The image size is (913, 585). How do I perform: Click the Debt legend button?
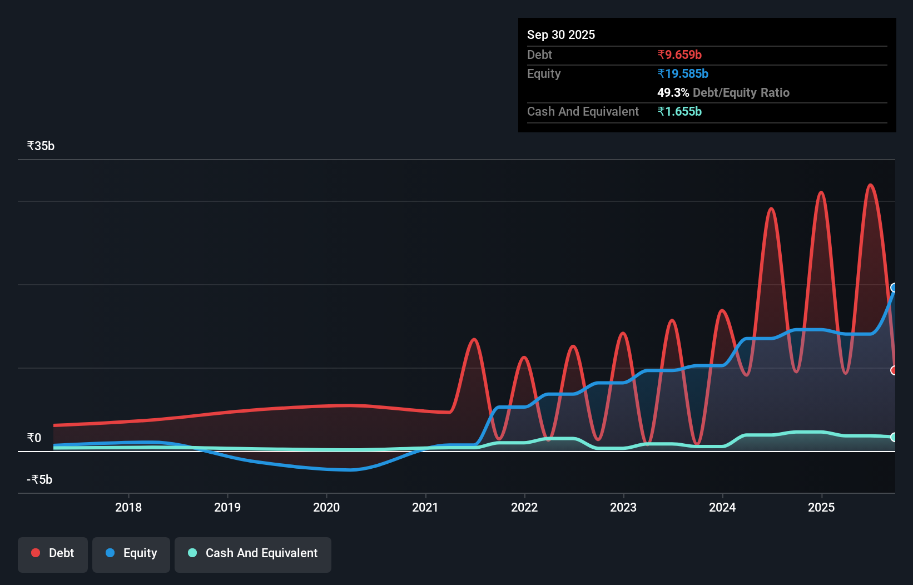pyautogui.click(x=53, y=553)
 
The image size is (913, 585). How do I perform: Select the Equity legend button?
pyautogui.click(x=131, y=553)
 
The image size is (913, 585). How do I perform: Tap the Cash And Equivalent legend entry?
pyautogui.click(x=253, y=553)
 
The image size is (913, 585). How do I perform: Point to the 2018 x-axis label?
pyautogui.click(x=128, y=507)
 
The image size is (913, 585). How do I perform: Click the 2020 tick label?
pyautogui.click(x=326, y=507)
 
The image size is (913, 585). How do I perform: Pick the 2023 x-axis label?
pyautogui.click(x=623, y=507)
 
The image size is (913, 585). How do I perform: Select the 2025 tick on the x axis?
pyautogui.click(x=821, y=507)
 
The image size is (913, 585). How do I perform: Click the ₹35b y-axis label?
pyautogui.click(x=41, y=146)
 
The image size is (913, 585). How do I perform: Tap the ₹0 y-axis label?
pyautogui.click(x=34, y=438)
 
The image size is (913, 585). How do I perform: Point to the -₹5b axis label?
pyautogui.click(x=39, y=479)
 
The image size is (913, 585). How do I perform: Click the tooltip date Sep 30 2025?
pyautogui.click(x=560, y=34)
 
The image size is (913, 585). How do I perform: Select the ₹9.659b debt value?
pyautogui.click(x=679, y=54)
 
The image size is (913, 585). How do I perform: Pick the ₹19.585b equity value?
pyautogui.click(x=682, y=73)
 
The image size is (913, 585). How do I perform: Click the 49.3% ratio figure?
pyautogui.click(x=673, y=92)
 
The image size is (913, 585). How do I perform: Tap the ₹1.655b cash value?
pyautogui.click(x=679, y=111)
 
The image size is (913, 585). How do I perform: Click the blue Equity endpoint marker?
pyautogui.click(x=894, y=287)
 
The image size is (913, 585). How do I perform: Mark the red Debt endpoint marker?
pyautogui.click(x=894, y=370)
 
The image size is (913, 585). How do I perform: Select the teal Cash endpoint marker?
pyautogui.click(x=894, y=437)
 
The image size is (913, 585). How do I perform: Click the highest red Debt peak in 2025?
pyautogui.click(x=870, y=185)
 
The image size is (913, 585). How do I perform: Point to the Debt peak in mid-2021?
pyautogui.click(x=474, y=339)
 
